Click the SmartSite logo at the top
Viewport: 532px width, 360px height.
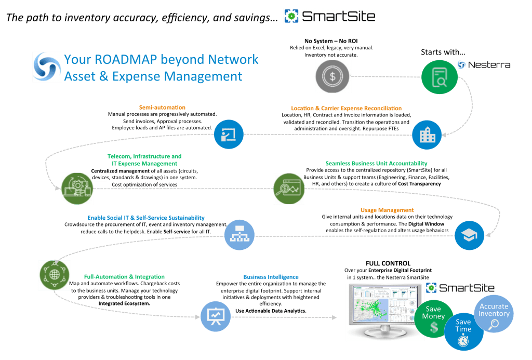click(330, 16)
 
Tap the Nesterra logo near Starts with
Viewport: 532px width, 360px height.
click(484, 64)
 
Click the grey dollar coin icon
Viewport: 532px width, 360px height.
click(332, 76)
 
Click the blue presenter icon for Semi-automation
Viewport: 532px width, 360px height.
click(229, 135)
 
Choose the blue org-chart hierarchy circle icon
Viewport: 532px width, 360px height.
click(239, 234)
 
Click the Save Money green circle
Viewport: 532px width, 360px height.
click(433, 318)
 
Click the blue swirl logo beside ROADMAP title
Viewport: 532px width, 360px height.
click(47, 68)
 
